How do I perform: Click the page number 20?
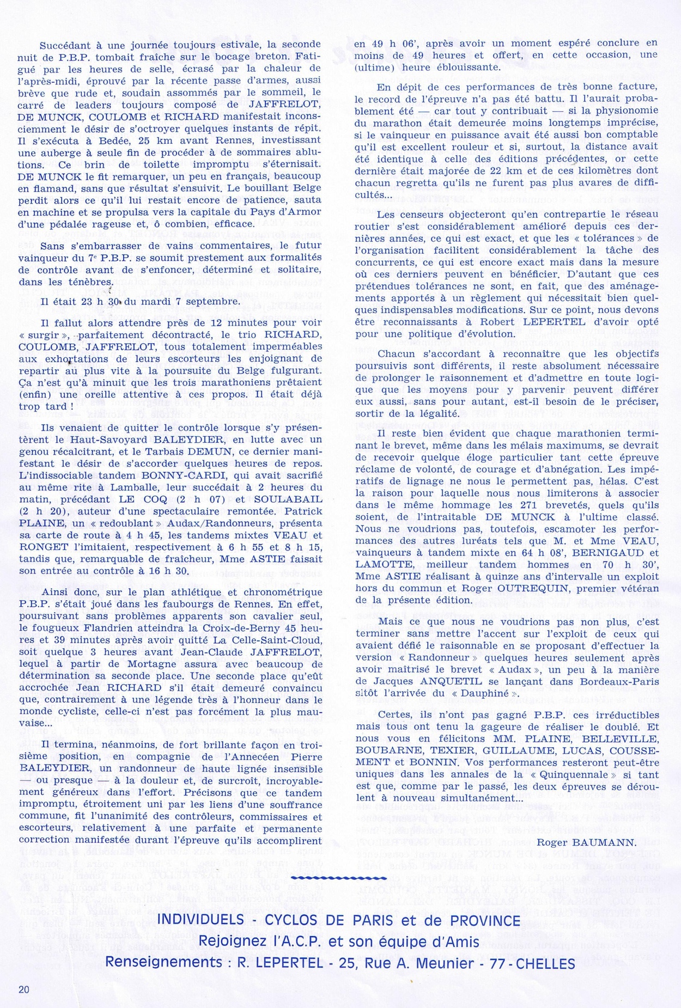23,989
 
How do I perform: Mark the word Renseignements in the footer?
162,964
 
